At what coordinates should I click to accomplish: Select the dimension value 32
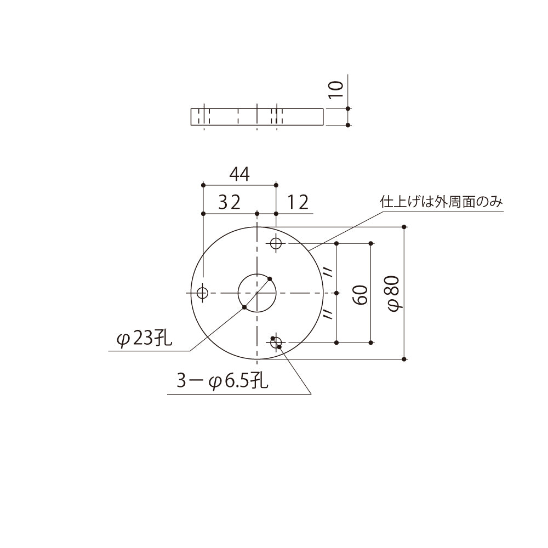coord(229,203)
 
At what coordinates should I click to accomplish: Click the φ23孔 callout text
coord(144,339)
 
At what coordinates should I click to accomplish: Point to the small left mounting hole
coord(203,293)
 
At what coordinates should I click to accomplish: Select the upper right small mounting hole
coord(276,243)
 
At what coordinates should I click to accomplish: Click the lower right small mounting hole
coord(276,342)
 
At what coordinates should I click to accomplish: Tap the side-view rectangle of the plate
coord(256,117)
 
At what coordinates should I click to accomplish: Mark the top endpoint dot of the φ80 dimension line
coord(404,227)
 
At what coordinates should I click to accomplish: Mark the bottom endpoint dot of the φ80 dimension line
coord(404,359)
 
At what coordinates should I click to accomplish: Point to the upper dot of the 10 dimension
coord(348,109)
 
